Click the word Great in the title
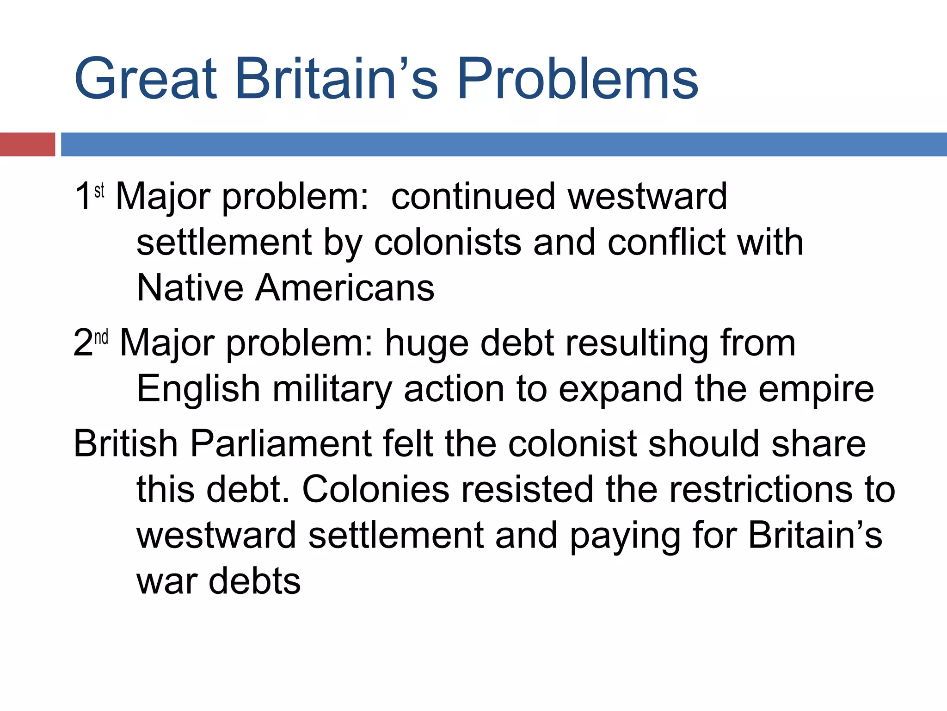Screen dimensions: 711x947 tap(145, 79)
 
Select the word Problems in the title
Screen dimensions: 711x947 tap(578, 79)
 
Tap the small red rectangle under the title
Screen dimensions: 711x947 tap(27, 144)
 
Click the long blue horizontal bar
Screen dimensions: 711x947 tap(504, 144)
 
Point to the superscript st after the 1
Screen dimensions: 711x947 tap(99, 190)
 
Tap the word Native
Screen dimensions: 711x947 tap(190, 288)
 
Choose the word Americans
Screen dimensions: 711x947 tap(345, 288)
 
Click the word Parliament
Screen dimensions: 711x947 tap(282, 443)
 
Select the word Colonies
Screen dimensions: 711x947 tap(375, 489)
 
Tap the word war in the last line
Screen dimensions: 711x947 tap(166, 581)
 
